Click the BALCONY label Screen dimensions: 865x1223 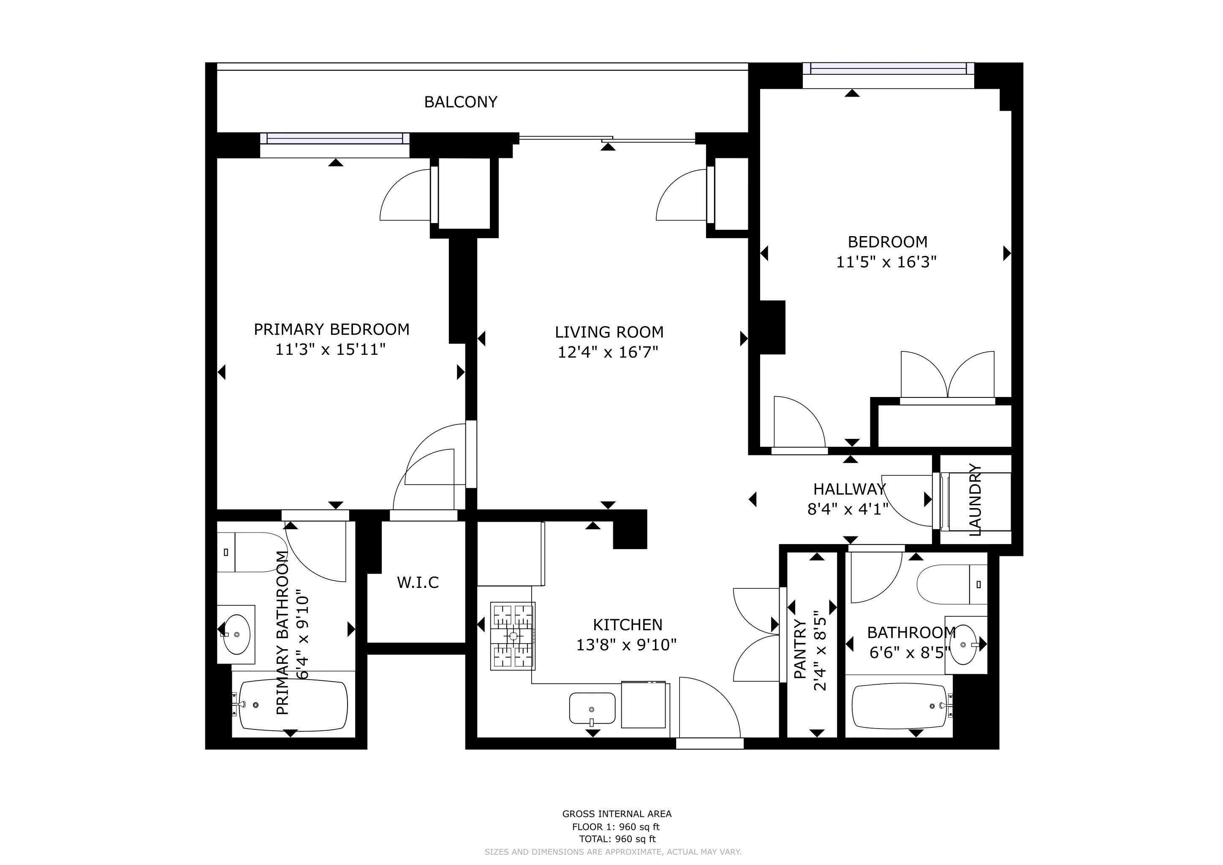[x=460, y=102]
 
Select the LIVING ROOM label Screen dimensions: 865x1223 [x=609, y=332]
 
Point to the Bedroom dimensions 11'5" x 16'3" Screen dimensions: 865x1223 [x=886, y=262]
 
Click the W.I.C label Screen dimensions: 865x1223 [x=418, y=582]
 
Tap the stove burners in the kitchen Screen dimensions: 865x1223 [x=512, y=636]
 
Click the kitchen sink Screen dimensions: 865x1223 [x=592, y=708]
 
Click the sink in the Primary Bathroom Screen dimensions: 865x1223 [x=236, y=634]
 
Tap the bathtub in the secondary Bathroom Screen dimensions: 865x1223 [x=900, y=706]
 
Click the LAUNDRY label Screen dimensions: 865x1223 [x=975, y=500]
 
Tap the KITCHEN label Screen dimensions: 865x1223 [x=628, y=624]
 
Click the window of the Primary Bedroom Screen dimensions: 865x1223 [x=334, y=139]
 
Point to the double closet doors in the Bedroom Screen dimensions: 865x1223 [x=947, y=376]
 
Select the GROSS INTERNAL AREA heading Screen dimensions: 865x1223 [x=617, y=813]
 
